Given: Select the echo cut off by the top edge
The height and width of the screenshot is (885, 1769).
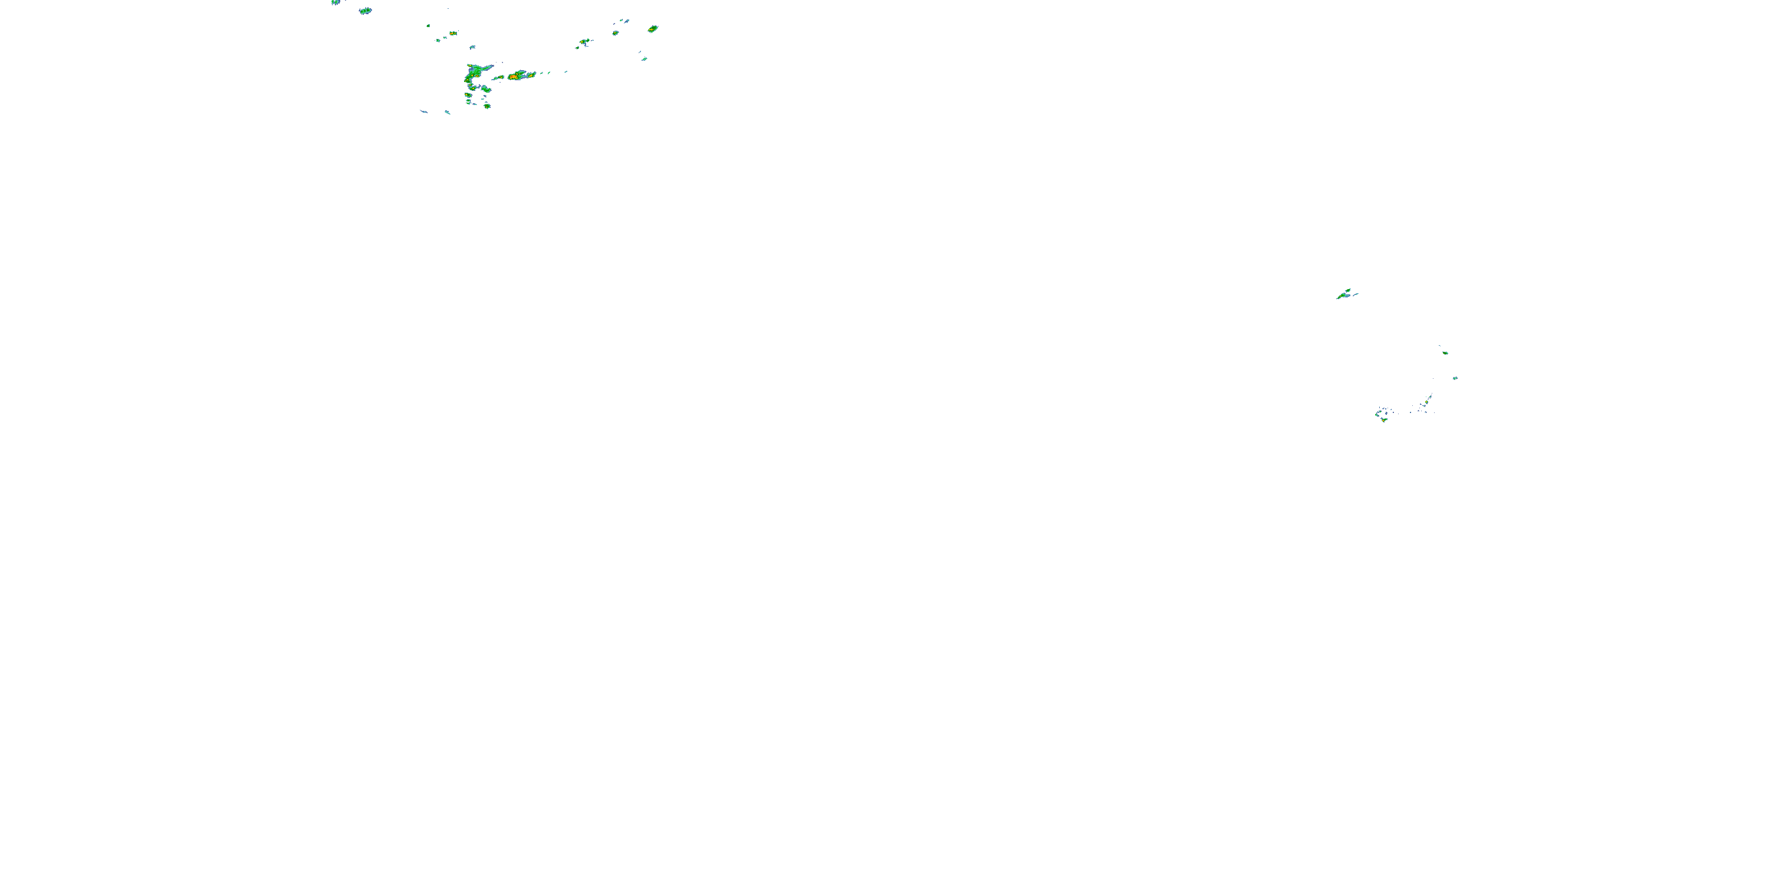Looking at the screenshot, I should (x=336, y=2).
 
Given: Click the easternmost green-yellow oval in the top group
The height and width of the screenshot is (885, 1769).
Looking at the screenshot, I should (x=652, y=29).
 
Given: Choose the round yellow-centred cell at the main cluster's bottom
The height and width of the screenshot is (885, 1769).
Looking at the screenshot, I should (x=487, y=106).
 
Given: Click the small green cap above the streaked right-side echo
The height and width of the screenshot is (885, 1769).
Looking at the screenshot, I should (x=1348, y=291).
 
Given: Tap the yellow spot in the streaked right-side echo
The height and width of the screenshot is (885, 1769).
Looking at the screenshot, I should (x=1341, y=296).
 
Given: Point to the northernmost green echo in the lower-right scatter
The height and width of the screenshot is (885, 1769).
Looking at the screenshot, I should (x=1445, y=352).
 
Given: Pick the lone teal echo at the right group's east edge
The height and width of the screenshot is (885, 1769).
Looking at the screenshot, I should (x=1455, y=378).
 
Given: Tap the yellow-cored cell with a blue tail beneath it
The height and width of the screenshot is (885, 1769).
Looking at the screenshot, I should (x=584, y=42).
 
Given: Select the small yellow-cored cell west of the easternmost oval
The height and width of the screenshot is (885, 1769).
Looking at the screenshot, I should (x=615, y=32).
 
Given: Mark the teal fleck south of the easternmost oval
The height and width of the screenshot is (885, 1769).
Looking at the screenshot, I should (x=644, y=59).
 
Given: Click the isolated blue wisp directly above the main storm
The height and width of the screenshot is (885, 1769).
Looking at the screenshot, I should (x=472, y=47).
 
